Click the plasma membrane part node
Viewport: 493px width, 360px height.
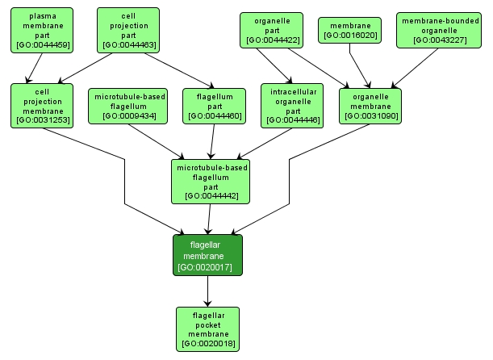coord(42,30)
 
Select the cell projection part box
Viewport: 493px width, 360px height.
coord(128,30)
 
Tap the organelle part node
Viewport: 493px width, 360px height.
coord(272,30)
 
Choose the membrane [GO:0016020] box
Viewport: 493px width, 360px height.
coord(349,30)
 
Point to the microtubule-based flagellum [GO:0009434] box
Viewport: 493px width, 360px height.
coord(131,106)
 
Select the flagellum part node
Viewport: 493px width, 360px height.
coord(215,106)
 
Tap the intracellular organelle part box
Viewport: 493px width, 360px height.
coord(292,106)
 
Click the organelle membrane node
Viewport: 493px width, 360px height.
coord(370,106)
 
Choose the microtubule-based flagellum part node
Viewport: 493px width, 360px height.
coord(211,181)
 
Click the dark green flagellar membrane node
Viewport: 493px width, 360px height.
coord(207,255)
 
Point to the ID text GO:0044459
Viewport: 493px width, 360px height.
coord(42,44)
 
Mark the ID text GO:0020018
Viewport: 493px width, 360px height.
coord(209,345)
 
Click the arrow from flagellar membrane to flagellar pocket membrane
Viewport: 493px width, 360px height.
coord(208,291)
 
